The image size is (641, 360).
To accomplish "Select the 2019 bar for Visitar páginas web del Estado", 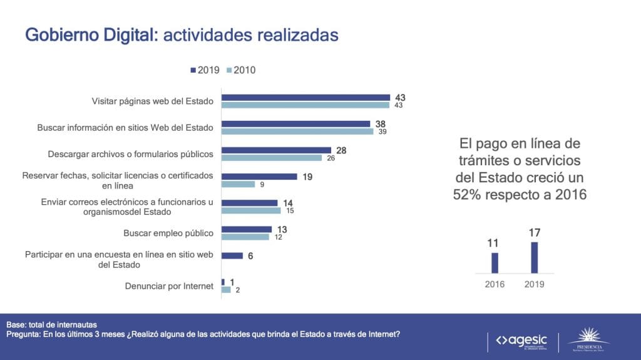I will pyautogui.click(x=306, y=97).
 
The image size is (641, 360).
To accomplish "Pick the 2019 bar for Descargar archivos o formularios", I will pyautogui.click(x=276, y=150).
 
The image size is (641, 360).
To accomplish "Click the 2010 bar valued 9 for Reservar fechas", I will pyautogui.click(x=238, y=184).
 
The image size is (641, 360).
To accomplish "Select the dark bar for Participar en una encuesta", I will pyautogui.click(x=232, y=255).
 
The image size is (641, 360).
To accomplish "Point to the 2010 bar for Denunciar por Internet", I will pyautogui.click(x=226, y=289).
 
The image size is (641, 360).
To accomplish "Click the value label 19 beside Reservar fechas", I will pyautogui.click(x=308, y=177).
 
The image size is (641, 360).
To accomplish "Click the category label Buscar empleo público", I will pyautogui.click(x=168, y=233).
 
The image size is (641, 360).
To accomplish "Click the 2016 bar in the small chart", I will pyautogui.click(x=495, y=262).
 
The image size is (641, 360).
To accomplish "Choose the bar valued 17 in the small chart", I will pyautogui.click(x=534, y=257).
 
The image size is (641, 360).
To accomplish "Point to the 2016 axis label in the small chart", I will pyautogui.click(x=495, y=284).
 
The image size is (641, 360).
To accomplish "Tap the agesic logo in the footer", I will pyautogui.click(x=521, y=341).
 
